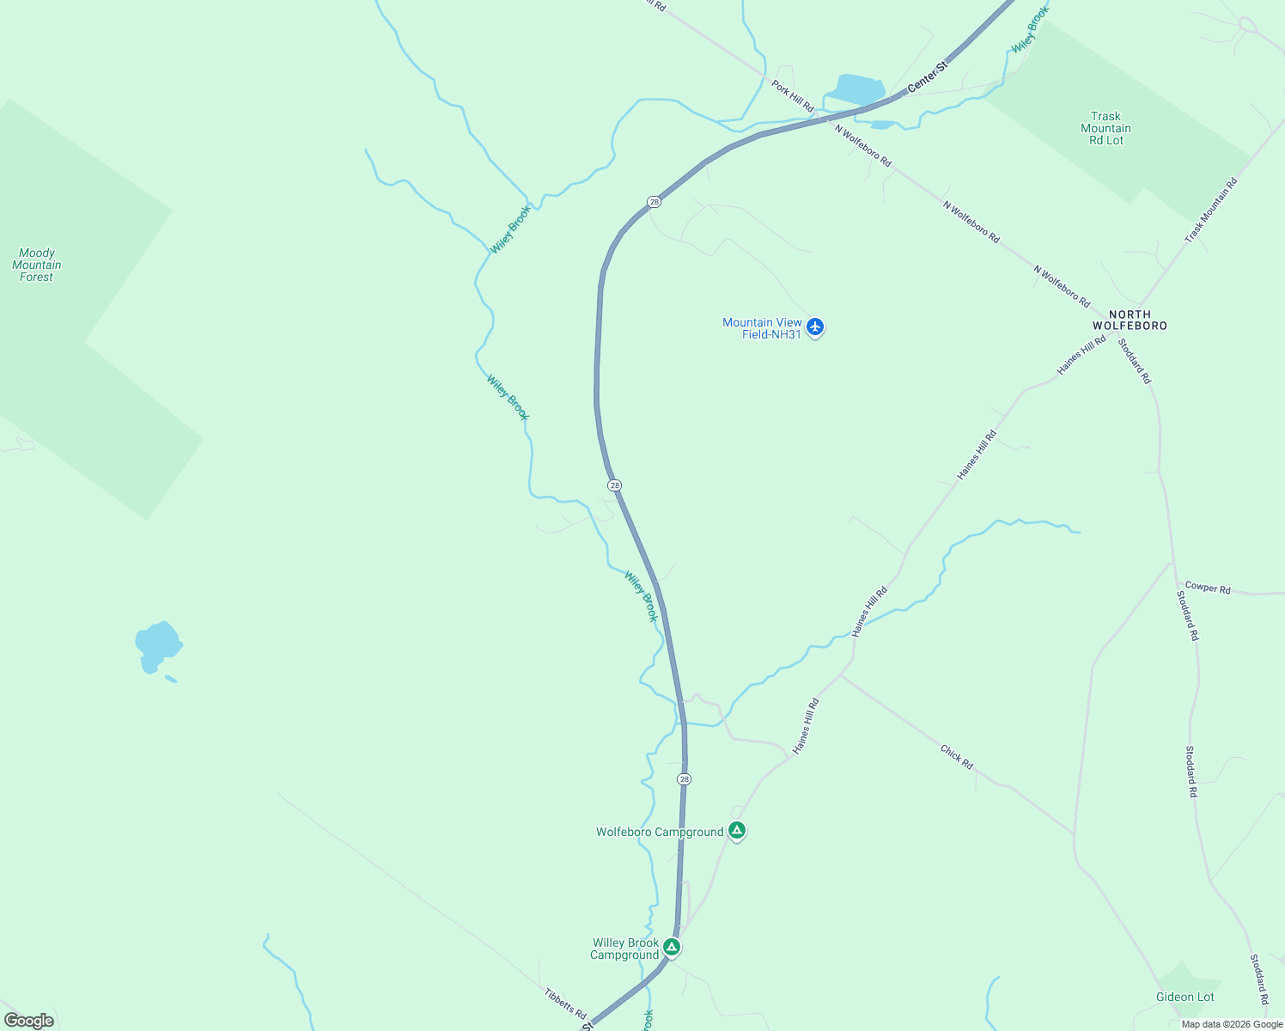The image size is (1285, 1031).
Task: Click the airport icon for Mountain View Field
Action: coord(815,327)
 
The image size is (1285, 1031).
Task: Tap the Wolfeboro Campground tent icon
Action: coord(736,831)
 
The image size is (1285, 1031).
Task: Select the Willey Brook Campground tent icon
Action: coord(672,948)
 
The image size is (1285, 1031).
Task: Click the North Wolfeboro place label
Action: coord(1130,320)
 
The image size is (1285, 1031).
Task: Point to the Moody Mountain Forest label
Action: coord(37,265)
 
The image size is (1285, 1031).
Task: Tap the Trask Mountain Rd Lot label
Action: coord(1105,128)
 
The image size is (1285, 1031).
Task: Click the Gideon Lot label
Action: coord(1185,997)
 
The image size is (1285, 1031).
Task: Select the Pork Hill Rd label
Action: coord(792,96)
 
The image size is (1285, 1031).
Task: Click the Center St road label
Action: coord(928,76)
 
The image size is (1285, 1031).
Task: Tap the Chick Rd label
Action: coord(957,756)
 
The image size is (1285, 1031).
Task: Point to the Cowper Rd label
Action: coord(1208,588)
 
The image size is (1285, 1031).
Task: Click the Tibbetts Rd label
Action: coord(565,1003)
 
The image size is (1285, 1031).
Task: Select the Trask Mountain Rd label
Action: coord(1211,210)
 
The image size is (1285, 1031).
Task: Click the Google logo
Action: coord(28,1021)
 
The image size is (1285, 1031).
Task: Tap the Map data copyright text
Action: coord(1232,1024)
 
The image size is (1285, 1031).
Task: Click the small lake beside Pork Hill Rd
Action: coord(855,89)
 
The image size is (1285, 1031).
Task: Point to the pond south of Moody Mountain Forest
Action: coord(157,644)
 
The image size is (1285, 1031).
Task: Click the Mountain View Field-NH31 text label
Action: coord(762,328)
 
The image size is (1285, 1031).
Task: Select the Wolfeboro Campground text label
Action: coord(660,832)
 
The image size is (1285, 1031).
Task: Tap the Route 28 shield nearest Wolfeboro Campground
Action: coord(684,779)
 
